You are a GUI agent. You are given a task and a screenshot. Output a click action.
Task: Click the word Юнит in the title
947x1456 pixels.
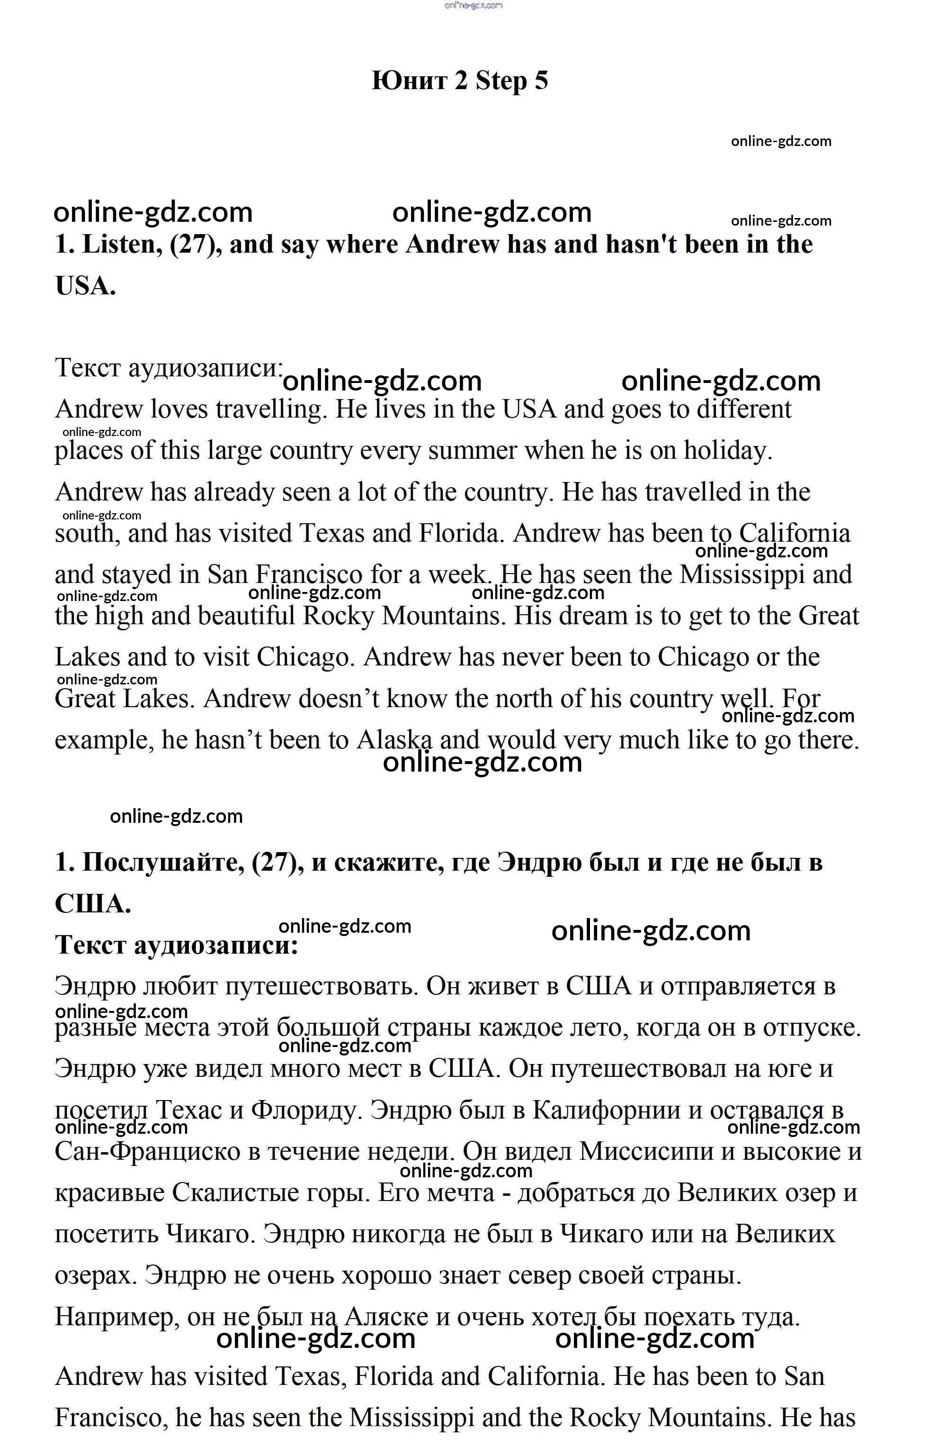409,81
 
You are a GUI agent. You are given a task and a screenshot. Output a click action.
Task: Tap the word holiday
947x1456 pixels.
727,451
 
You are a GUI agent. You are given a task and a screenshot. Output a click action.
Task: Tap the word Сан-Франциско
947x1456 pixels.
147,1152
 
